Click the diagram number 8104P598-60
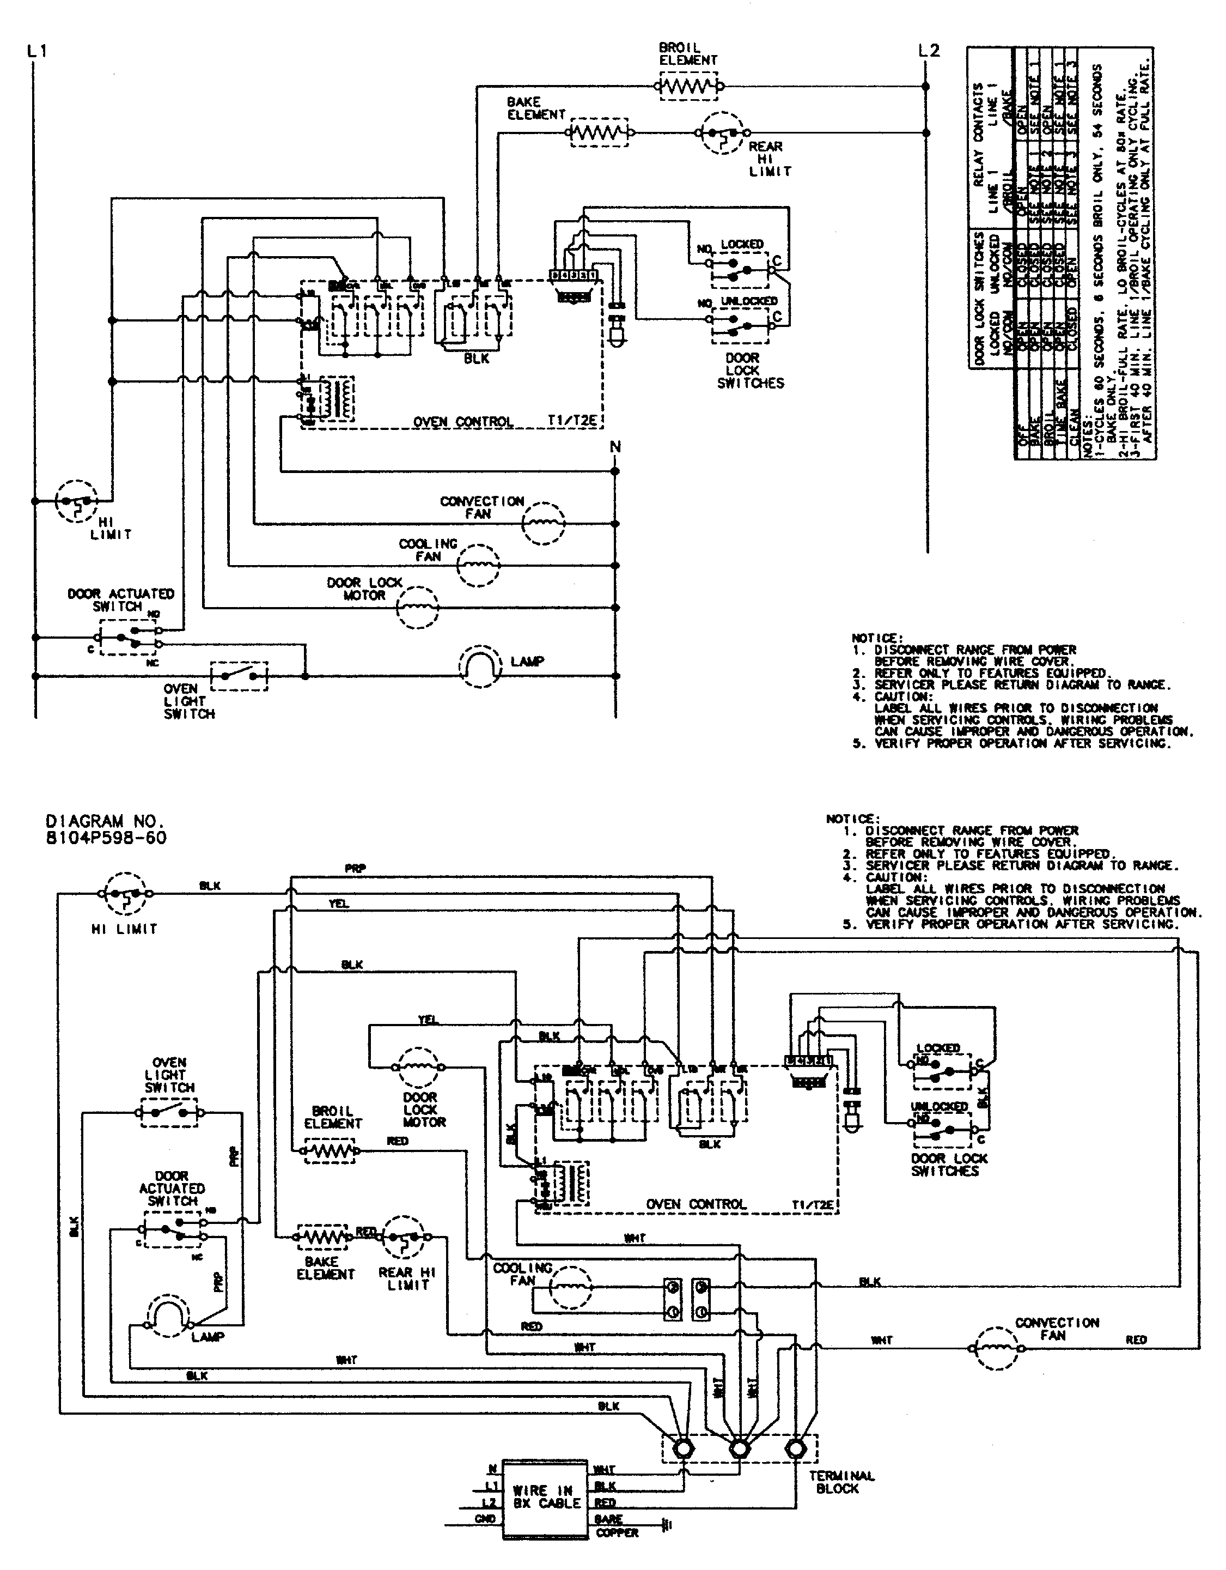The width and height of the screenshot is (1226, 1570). [x=106, y=838]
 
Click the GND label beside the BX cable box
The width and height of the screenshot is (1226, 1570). [x=485, y=1518]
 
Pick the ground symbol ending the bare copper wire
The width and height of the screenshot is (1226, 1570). [x=666, y=1524]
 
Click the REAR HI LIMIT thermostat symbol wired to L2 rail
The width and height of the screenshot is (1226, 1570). [x=722, y=132]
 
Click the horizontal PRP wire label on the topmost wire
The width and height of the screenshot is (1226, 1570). [x=355, y=869]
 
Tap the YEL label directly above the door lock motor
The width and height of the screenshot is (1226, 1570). [x=428, y=1020]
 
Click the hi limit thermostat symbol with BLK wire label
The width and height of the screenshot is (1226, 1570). [x=126, y=894]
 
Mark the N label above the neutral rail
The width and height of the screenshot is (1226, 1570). [x=615, y=447]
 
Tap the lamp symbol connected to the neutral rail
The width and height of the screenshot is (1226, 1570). [x=479, y=666]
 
